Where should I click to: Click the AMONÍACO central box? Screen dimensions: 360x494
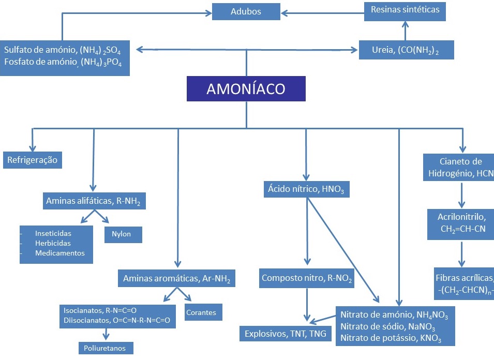(246, 88)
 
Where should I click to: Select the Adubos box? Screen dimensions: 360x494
(246, 11)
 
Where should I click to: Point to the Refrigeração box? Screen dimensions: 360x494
(32, 160)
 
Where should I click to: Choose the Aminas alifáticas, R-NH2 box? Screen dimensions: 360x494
(94, 201)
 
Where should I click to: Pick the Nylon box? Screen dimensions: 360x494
(123, 234)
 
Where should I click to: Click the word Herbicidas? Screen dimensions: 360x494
(53, 243)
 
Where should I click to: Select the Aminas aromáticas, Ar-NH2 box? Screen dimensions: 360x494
(176, 278)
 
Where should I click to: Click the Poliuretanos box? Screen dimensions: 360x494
(106, 348)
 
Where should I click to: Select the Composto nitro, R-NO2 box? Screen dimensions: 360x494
(307, 278)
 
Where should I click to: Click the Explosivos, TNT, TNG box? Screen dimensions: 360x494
(286, 334)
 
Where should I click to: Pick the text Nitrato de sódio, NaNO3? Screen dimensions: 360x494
(387, 327)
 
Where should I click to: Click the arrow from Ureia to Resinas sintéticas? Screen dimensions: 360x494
(405, 30)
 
